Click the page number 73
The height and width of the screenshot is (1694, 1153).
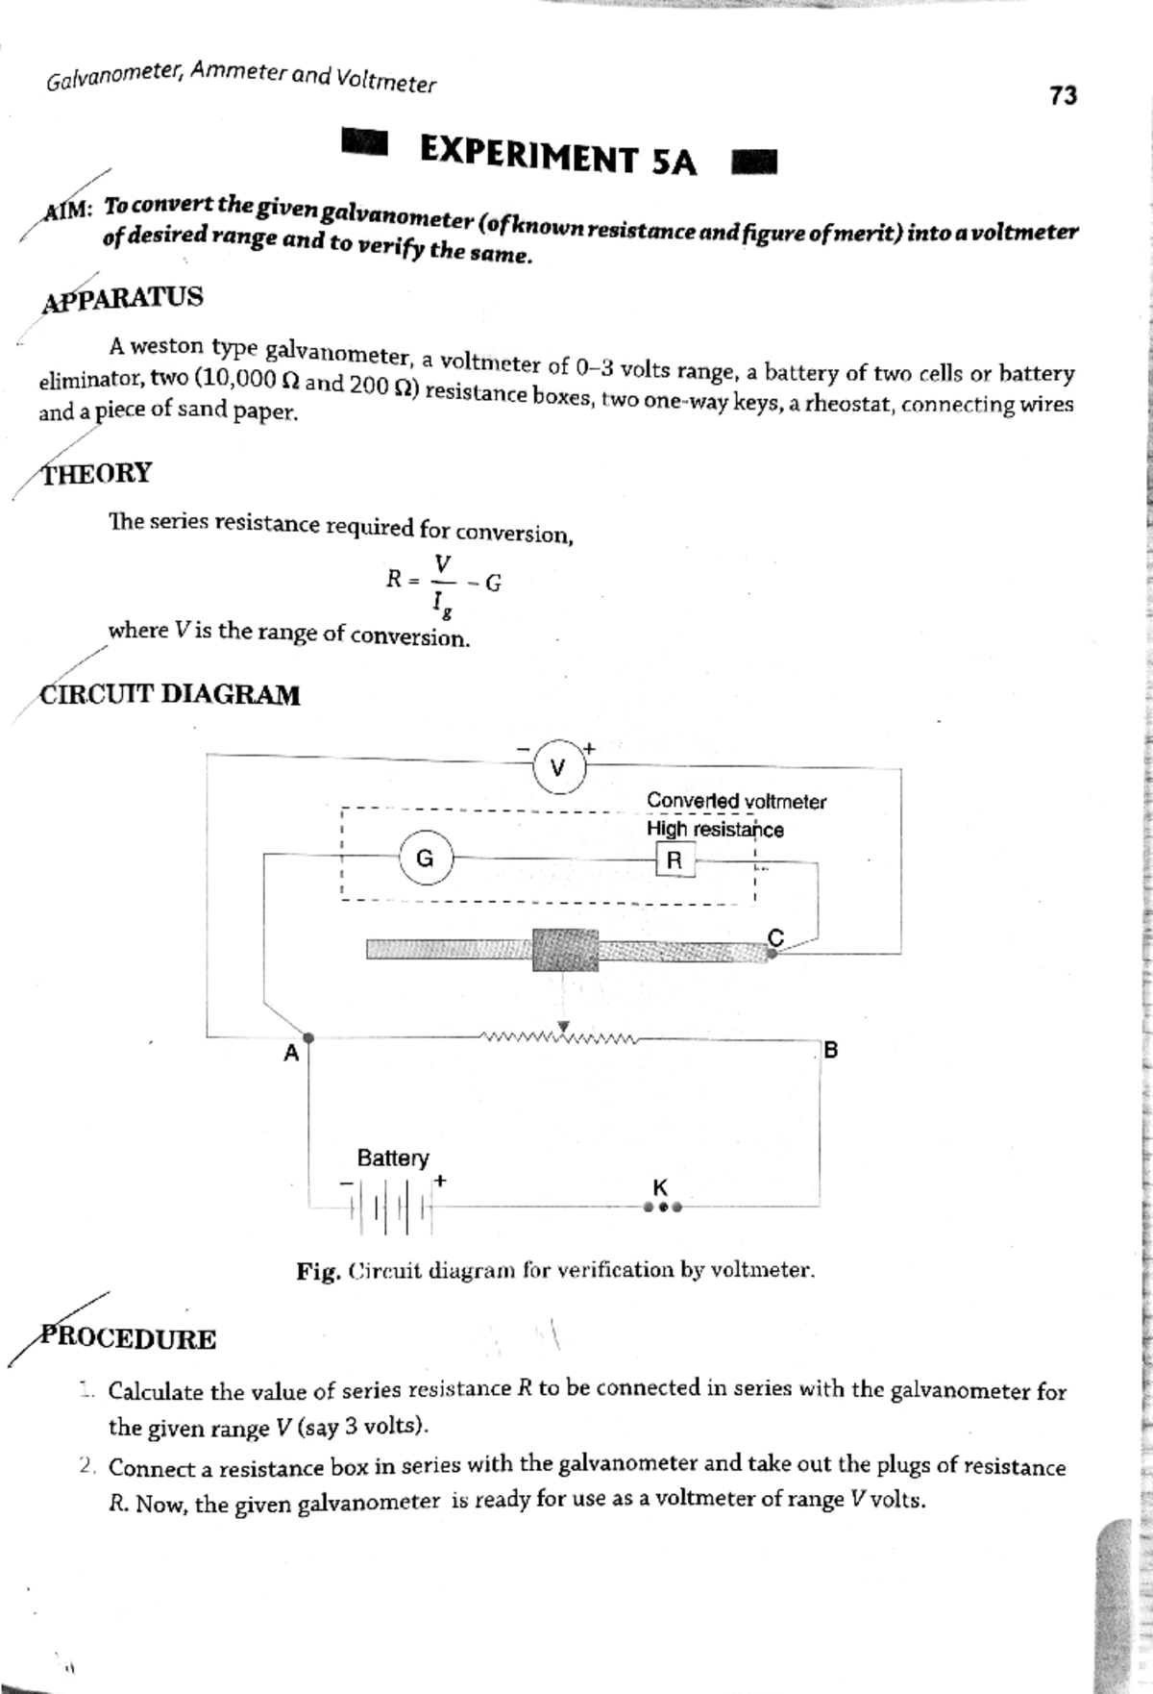(x=1063, y=95)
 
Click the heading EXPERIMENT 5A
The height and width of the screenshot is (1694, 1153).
(x=558, y=158)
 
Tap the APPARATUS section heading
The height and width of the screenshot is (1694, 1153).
(x=123, y=297)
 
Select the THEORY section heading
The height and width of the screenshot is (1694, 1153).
(x=96, y=473)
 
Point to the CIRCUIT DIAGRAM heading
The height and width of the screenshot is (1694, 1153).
(x=169, y=694)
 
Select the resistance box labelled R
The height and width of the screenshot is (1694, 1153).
(x=674, y=860)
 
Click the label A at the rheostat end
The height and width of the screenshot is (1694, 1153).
(x=291, y=1054)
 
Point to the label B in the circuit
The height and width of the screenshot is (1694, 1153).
(x=831, y=1049)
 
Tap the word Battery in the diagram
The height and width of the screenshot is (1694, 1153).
(x=393, y=1158)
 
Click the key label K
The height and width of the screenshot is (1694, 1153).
(x=660, y=1187)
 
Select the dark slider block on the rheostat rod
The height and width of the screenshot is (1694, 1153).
(x=565, y=950)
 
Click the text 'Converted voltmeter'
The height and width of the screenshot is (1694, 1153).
(x=736, y=801)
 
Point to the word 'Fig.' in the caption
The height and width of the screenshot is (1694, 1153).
(x=318, y=1271)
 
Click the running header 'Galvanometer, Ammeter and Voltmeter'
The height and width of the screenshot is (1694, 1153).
(x=240, y=77)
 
